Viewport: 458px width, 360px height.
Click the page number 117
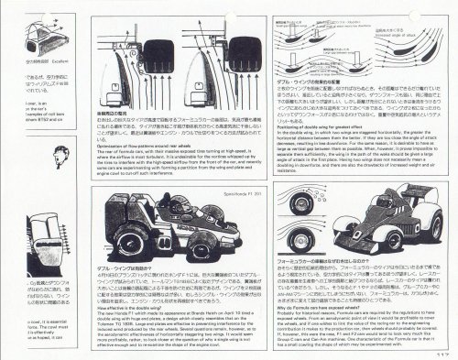point(444,354)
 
